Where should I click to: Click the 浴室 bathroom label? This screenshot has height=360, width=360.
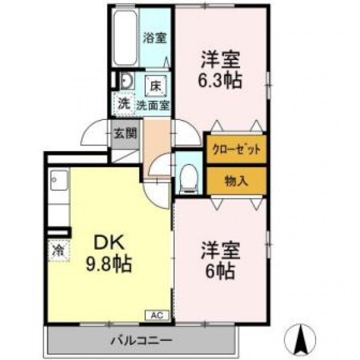pyautogui.click(x=155, y=38)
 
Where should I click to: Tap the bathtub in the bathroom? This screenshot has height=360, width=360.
pyautogui.click(x=125, y=38)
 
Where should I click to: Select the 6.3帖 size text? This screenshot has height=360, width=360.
pyautogui.click(x=220, y=80)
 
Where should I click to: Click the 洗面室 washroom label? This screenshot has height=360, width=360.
pyautogui.click(x=153, y=106)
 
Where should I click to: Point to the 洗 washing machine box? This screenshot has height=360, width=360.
pyautogui.click(x=124, y=104)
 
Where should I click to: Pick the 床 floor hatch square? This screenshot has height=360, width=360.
pyautogui.click(x=155, y=86)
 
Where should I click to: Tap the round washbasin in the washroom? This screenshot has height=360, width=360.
pyautogui.click(x=127, y=81)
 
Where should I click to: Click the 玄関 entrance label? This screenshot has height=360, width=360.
pyautogui.click(x=125, y=133)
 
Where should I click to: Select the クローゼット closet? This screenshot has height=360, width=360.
pyautogui.click(x=236, y=149)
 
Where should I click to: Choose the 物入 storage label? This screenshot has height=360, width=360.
pyautogui.click(x=236, y=181)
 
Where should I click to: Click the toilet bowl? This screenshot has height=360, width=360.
pyautogui.click(x=189, y=179)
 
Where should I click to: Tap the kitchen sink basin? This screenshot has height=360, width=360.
pyautogui.click(x=59, y=180)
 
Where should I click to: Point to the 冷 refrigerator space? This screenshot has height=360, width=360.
pyautogui.click(x=59, y=250)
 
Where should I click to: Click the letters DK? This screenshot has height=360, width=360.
pyautogui.click(x=109, y=242)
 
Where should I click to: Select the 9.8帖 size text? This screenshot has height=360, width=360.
pyautogui.click(x=109, y=264)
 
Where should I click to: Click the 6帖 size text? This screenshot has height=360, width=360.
pyautogui.click(x=220, y=271)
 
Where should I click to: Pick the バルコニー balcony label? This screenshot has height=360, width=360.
pyautogui.click(x=141, y=340)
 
